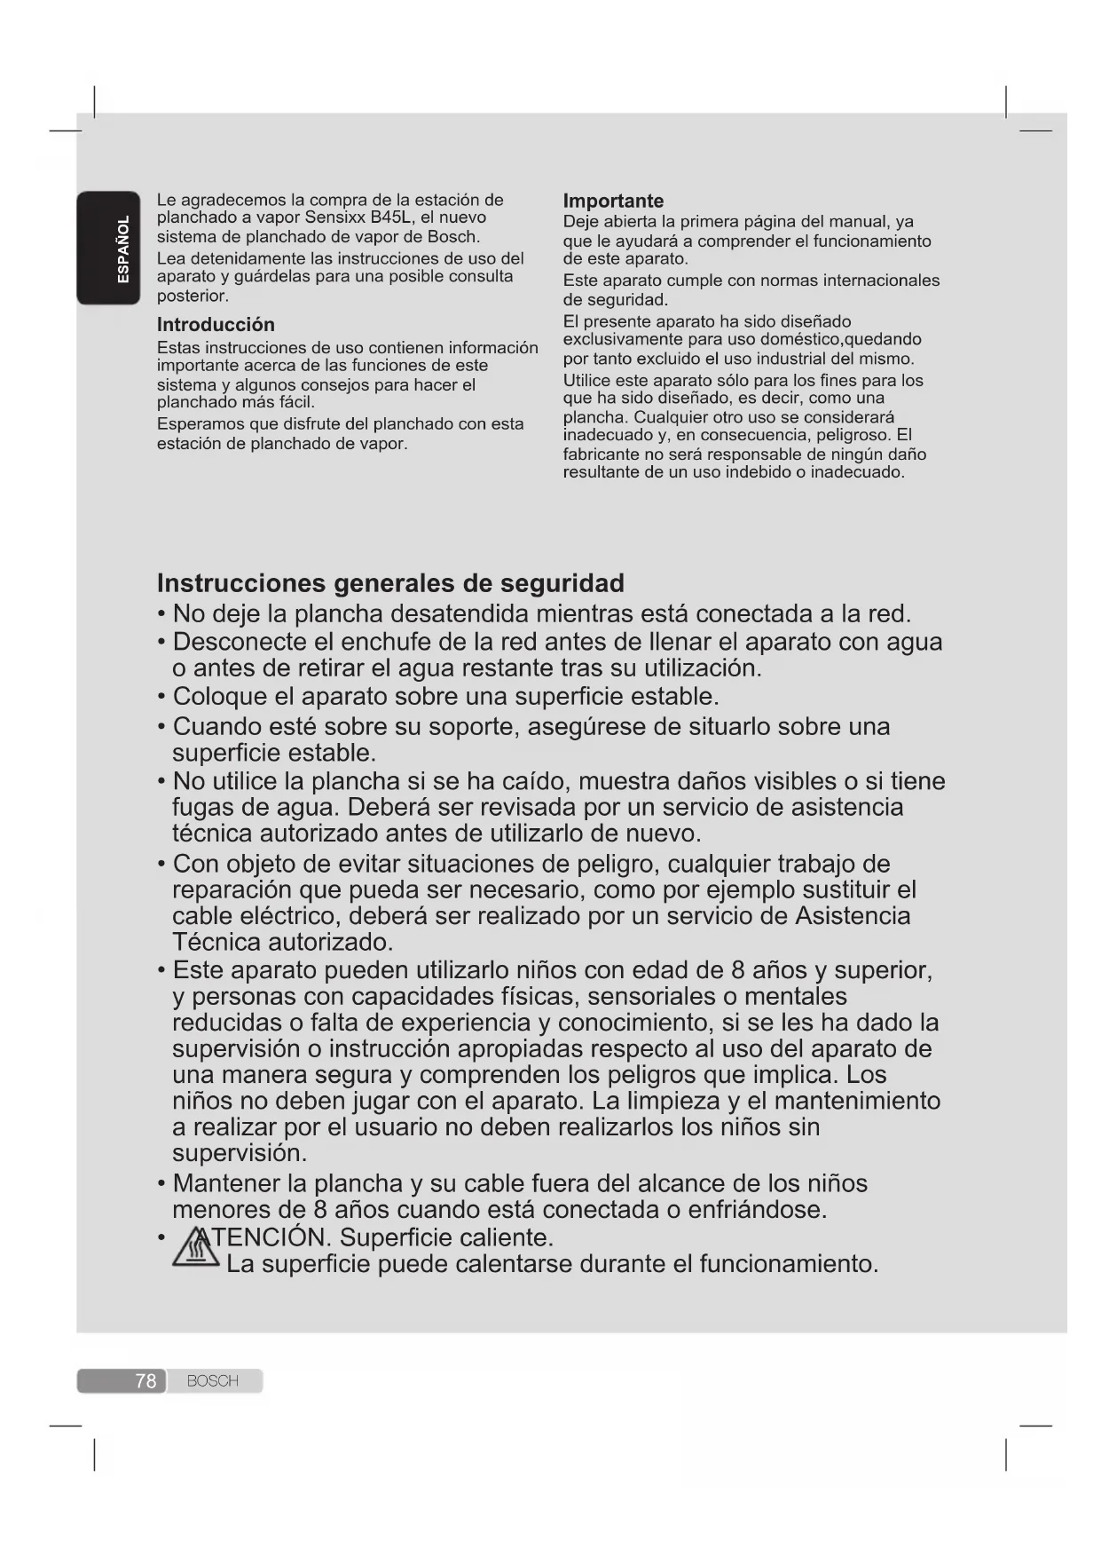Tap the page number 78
(x=145, y=1381)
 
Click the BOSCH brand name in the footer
(x=213, y=1381)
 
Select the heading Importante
(x=613, y=201)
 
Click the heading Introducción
(x=216, y=324)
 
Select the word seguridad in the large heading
(x=562, y=583)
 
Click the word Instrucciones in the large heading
(x=241, y=583)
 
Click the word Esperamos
(x=196, y=423)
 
